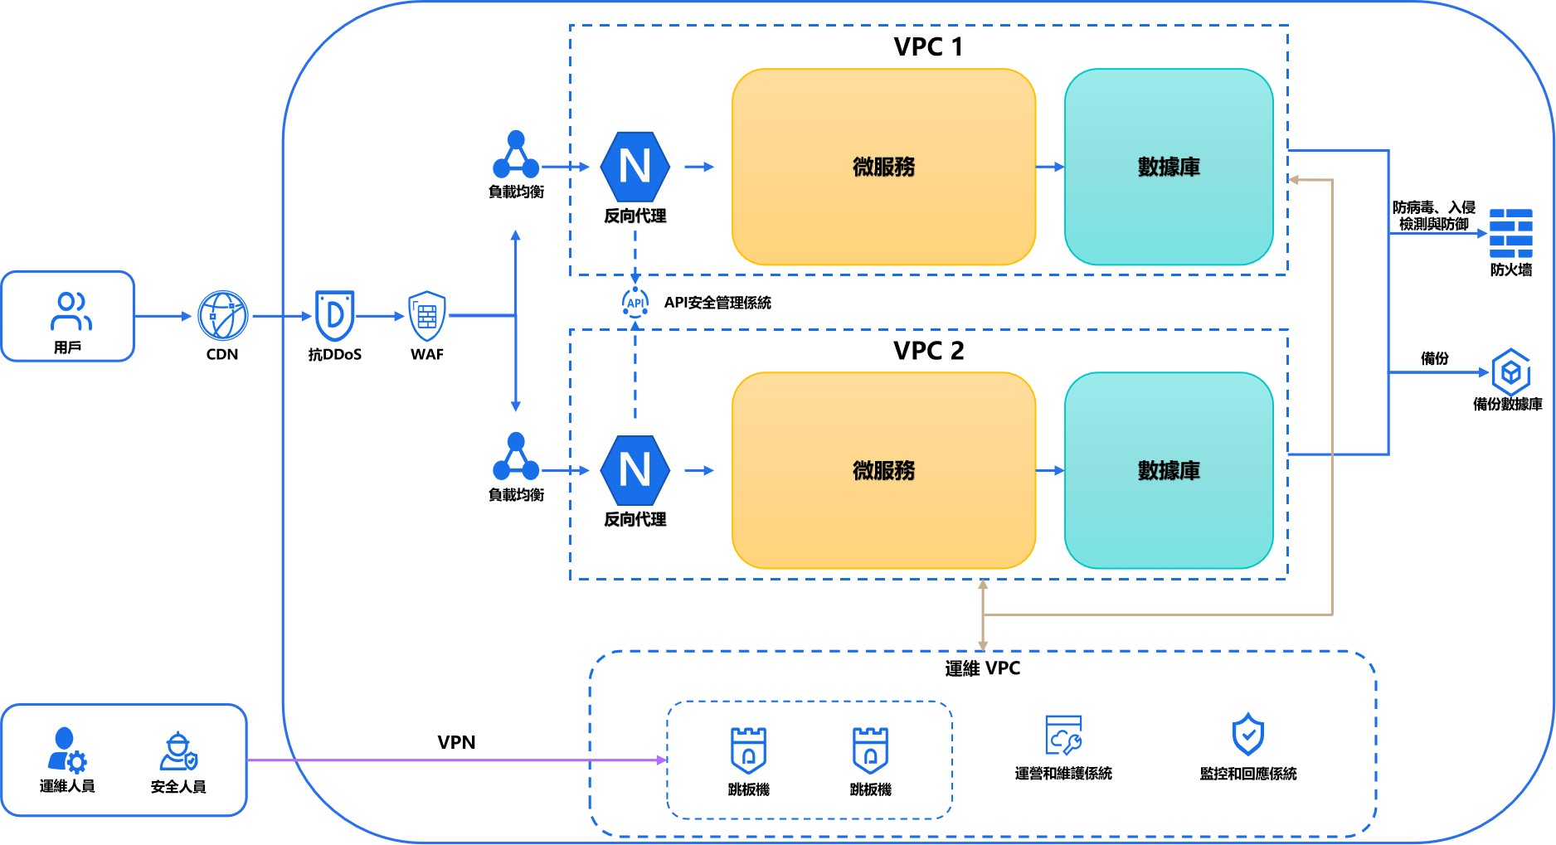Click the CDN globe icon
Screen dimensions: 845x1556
pos(222,316)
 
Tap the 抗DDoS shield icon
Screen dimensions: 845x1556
pos(335,315)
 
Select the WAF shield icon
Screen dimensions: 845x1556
pos(427,316)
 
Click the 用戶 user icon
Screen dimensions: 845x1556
pos(71,311)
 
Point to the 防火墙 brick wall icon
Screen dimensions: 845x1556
pos(1510,234)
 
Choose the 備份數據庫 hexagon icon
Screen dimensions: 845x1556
pos(1510,372)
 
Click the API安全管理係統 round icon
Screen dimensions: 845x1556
pos(635,303)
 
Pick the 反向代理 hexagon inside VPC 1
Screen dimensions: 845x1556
pos(635,167)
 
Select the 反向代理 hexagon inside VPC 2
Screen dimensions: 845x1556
pos(635,470)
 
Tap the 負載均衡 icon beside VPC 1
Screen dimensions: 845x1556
pos(516,155)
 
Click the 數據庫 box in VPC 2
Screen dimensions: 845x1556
pos(1169,470)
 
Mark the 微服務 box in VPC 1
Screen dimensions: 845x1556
pos(883,167)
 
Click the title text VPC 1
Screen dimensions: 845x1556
pos(928,47)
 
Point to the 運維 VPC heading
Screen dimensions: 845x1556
pos(982,668)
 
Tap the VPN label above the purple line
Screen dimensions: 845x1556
pos(456,742)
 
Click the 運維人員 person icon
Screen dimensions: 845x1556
pos(66,750)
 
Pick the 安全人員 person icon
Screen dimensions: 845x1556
pos(178,751)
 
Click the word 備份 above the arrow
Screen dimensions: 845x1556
pos(1434,358)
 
